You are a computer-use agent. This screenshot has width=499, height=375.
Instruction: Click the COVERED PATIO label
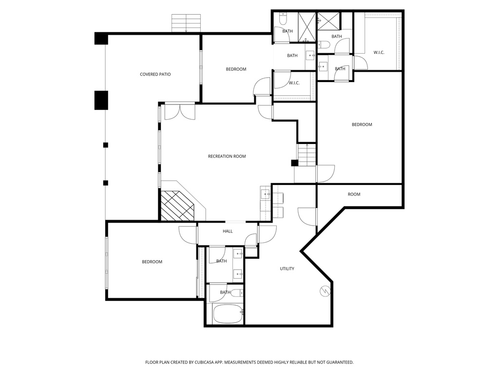[155, 74]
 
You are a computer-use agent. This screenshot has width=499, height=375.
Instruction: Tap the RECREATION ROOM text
[227, 156]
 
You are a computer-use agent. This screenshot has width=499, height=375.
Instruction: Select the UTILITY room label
[287, 269]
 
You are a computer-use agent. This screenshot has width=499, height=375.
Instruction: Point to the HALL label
[228, 231]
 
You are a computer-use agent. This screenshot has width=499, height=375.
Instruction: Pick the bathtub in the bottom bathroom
[228, 314]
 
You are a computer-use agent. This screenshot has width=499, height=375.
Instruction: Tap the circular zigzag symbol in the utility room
[324, 291]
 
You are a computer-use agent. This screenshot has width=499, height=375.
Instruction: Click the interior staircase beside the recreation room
[307, 155]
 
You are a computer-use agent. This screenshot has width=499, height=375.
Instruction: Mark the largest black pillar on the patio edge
[101, 100]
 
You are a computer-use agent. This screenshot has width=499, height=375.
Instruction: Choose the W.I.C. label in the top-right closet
[379, 52]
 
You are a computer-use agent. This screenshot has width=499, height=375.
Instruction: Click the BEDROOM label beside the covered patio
[236, 69]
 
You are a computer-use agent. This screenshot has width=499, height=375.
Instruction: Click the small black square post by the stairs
[294, 163]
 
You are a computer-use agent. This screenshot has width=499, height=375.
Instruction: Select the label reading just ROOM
[354, 194]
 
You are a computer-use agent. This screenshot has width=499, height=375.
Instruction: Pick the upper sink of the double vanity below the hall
[238, 253]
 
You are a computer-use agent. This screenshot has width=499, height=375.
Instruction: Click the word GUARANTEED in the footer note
[338, 362]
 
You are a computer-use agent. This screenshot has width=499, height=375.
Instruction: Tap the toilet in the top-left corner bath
[283, 20]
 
